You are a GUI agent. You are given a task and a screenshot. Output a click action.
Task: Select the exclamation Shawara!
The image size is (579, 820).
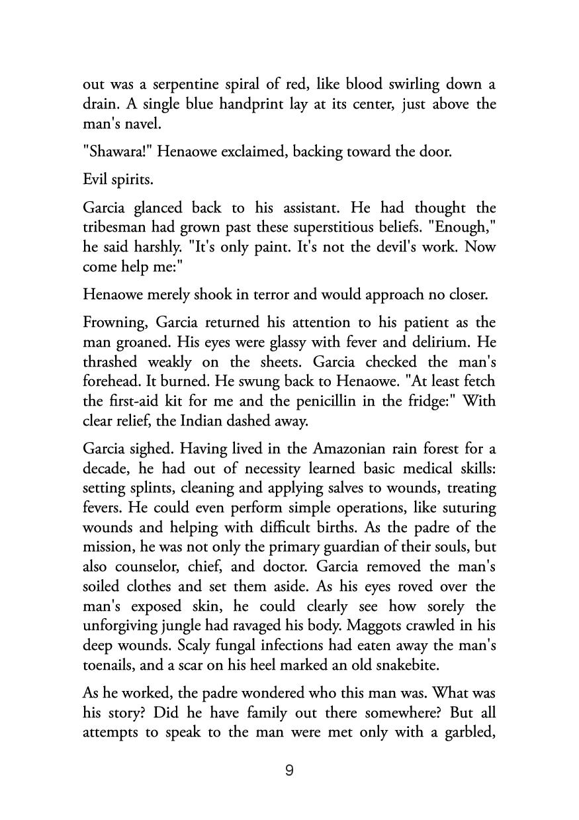[111, 152]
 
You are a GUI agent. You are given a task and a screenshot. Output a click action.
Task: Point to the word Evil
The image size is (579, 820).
[95, 179]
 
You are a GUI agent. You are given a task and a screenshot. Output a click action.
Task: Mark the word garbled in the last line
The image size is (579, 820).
[467, 733]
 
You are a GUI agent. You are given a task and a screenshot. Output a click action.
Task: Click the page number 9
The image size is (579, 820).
[289, 770]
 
